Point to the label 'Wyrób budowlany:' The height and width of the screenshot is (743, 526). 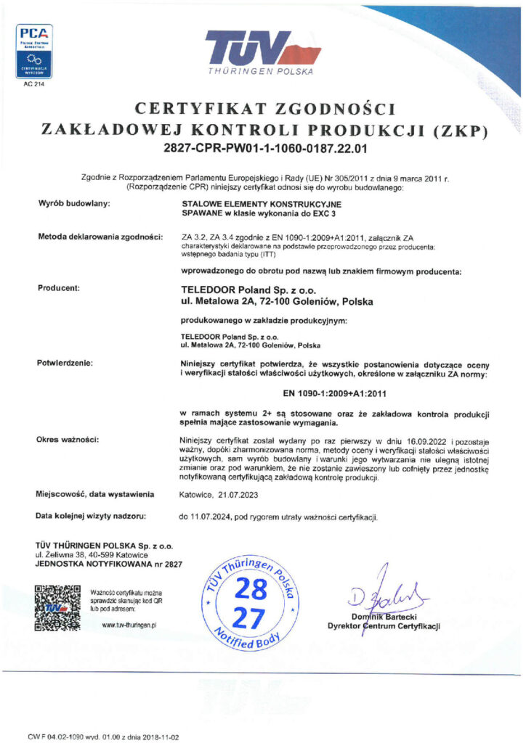tap(73, 204)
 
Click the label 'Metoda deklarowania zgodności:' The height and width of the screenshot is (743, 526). tap(93, 237)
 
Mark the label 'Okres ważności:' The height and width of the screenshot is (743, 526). tap(67, 440)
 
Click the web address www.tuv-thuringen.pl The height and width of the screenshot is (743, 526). tap(130, 624)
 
